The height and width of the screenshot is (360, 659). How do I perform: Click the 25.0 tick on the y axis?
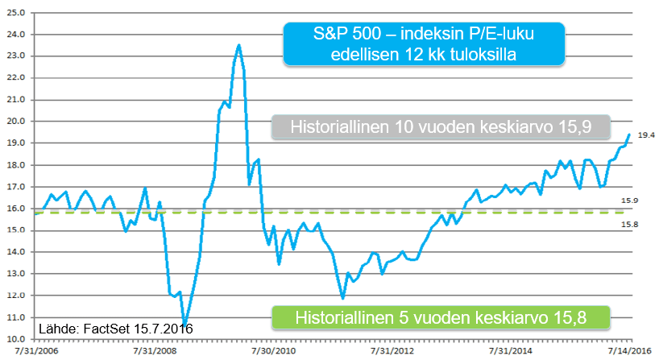pos(15,13)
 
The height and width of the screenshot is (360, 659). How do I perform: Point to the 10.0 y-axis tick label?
pos(15,340)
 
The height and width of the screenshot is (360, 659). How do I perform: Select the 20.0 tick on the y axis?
pos(15,122)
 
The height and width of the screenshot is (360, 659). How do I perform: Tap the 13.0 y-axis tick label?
pos(15,275)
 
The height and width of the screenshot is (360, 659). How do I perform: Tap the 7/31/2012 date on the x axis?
pos(392,352)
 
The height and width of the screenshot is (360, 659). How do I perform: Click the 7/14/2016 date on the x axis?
pos(630,352)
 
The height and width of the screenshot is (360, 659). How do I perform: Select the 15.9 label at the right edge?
pos(629,201)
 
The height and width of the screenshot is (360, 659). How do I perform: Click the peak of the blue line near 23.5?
pos(238,45)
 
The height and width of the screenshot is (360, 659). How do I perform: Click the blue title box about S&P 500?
pos(423,44)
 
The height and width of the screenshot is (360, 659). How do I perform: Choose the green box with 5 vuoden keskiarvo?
pos(441,317)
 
